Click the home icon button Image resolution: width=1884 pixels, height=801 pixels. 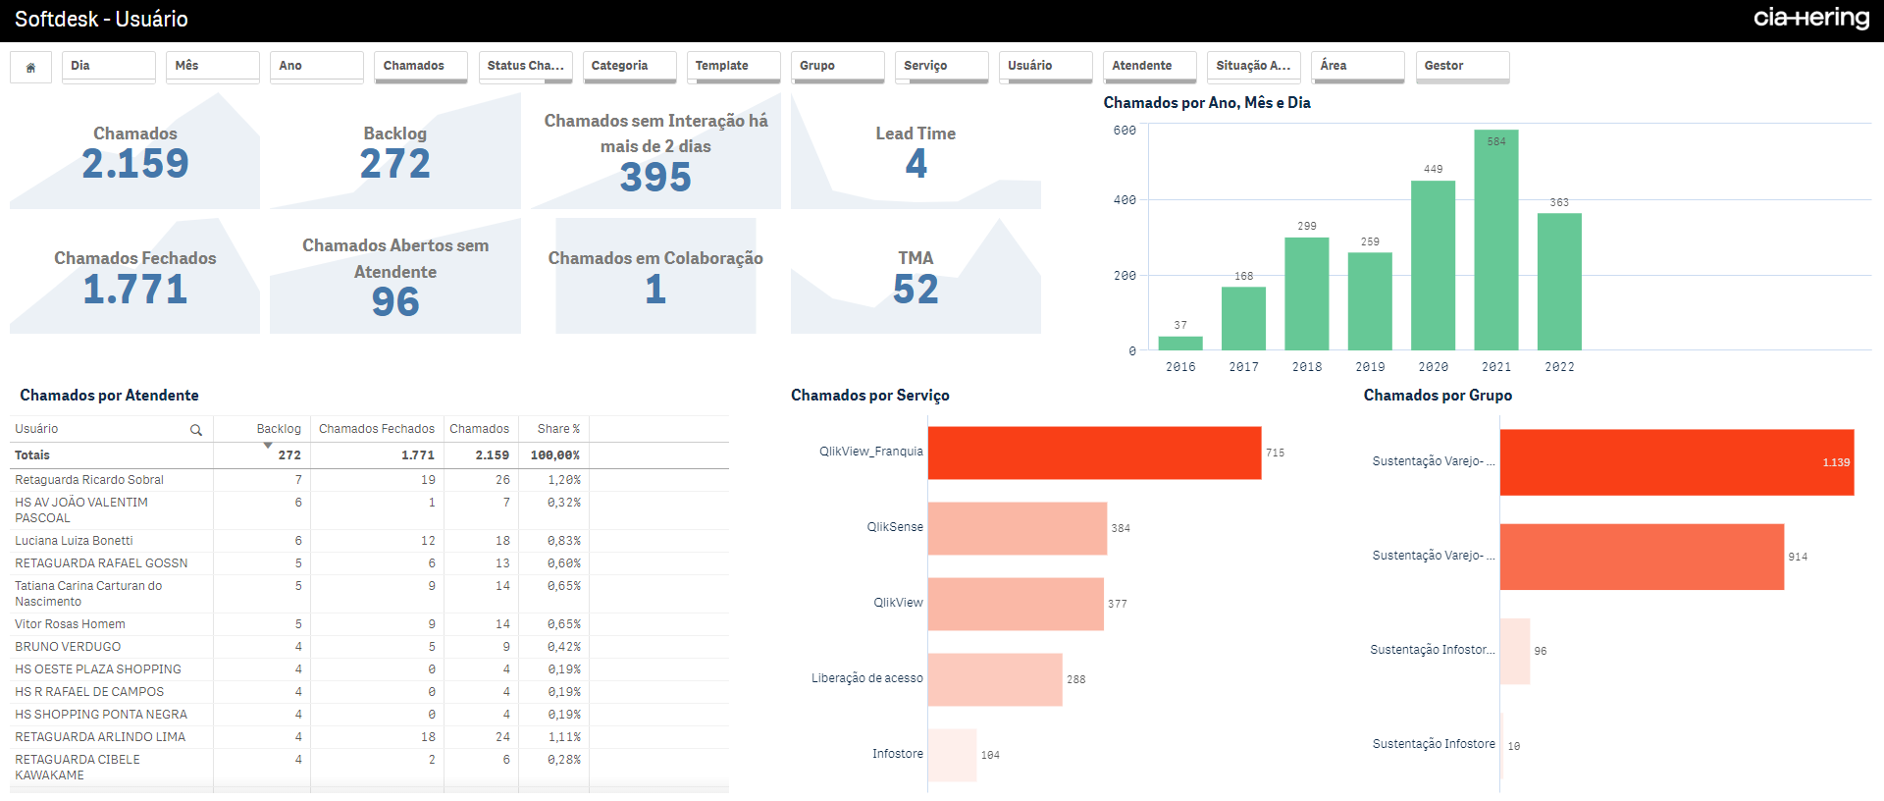(30, 67)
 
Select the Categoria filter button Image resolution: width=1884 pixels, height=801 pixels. (629, 66)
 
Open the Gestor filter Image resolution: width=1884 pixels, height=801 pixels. (1461, 66)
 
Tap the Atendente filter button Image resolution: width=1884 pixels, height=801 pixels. (1149, 66)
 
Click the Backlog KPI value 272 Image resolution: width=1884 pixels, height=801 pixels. (394, 164)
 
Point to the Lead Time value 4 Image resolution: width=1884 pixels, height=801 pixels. (916, 164)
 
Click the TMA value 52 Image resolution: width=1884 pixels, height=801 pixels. (916, 290)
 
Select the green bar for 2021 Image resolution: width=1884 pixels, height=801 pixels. (1495, 240)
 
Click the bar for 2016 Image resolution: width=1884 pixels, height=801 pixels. (1179, 343)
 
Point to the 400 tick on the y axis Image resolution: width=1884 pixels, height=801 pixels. (1125, 200)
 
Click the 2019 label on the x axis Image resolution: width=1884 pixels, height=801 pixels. (1370, 367)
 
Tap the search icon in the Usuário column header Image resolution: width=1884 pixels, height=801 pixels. (196, 430)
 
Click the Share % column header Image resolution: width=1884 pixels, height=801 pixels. (557, 429)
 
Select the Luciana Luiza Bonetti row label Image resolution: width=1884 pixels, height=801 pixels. (74, 541)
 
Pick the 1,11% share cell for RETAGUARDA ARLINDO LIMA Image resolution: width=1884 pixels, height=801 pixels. (563, 737)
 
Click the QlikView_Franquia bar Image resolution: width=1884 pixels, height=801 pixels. (1094, 453)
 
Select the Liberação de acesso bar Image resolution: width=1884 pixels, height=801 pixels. (994, 679)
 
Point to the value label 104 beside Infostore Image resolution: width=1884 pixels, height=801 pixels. (990, 755)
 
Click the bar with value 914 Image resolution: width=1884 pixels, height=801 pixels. (1641, 557)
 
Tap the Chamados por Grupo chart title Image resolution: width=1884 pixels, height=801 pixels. (1437, 395)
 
